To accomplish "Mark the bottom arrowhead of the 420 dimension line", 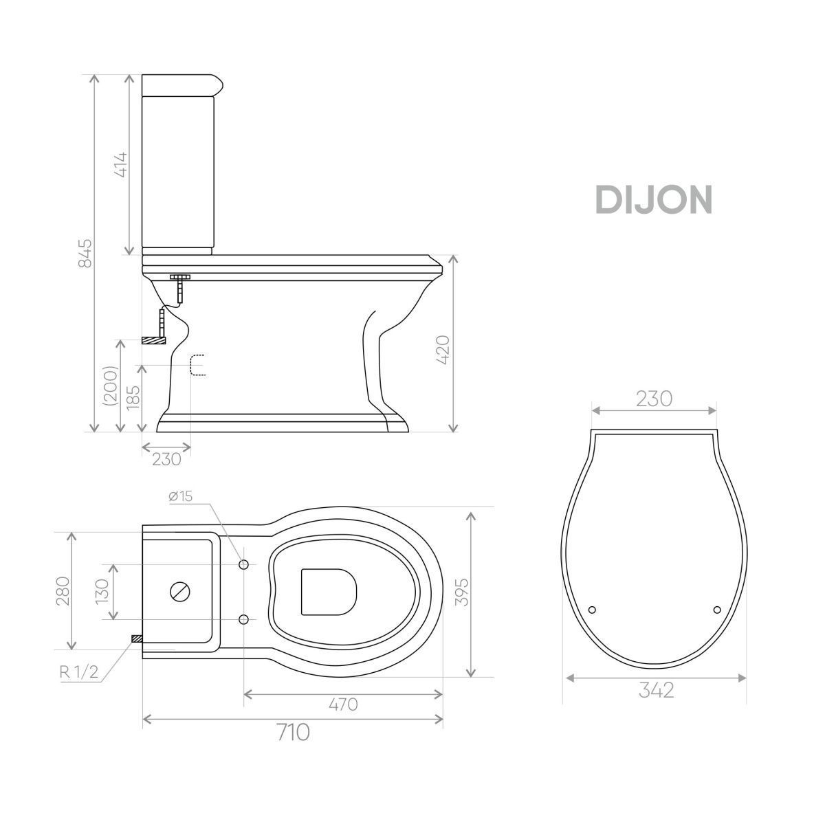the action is coord(453,428).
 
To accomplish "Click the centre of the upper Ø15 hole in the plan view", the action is coord(243,564).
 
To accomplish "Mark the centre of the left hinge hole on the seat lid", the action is coord(593,610).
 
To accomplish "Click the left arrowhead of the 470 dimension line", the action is coord(247,694).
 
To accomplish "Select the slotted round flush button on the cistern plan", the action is coord(180,591).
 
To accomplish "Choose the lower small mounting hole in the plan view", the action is coord(243,619).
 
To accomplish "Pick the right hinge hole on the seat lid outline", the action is coord(717,610).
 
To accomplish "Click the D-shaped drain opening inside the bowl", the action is coord(329,591).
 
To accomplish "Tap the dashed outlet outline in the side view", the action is coord(198,365).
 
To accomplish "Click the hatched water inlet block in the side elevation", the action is coord(153,340).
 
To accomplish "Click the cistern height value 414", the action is coord(122,164).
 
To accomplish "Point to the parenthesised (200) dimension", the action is coord(111,386).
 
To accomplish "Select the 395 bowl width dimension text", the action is coord(461,592).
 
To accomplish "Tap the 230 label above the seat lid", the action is coord(654,399).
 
